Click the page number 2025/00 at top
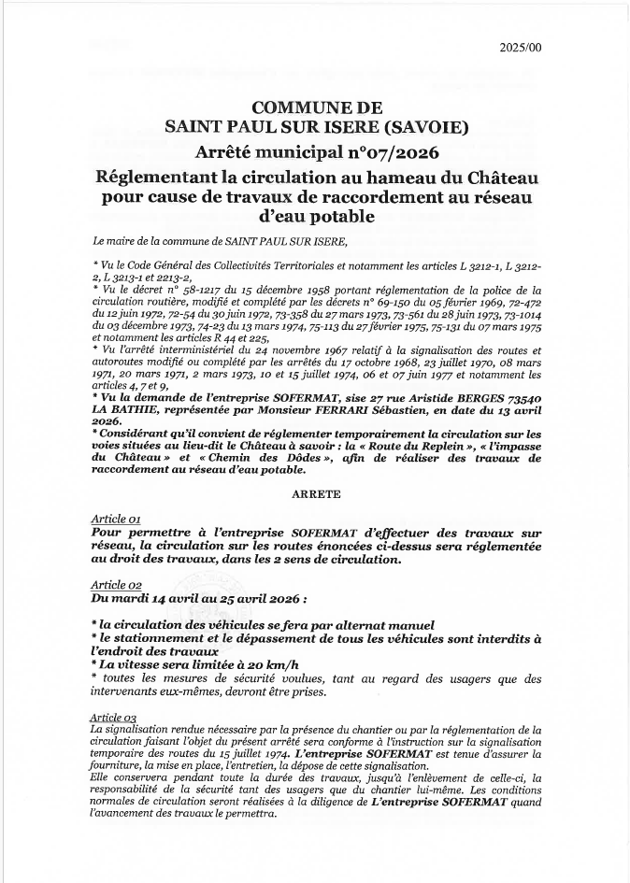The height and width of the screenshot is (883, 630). (x=526, y=48)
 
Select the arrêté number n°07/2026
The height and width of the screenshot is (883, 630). (x=384, y=151)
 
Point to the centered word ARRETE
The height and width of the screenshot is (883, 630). (x=315, y=491)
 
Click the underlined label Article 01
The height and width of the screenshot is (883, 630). (x=115, y=518)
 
